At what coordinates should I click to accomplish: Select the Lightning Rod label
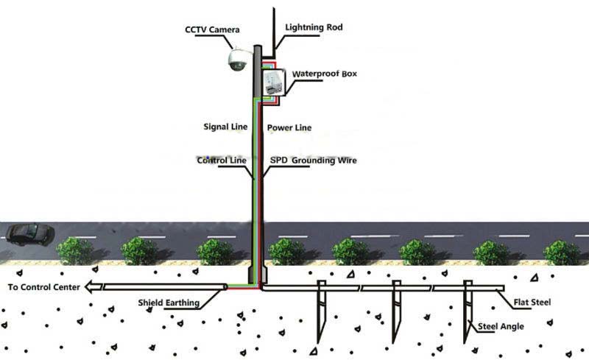click(314, 27)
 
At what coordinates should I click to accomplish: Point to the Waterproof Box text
click(325, 74)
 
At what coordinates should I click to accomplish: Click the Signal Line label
click(225, 127)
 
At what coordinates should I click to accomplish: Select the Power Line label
click(289, 127)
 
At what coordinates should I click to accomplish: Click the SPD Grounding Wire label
click(313, 160)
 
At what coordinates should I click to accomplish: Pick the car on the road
click(29, 234)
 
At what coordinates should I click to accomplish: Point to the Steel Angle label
click(501, 325)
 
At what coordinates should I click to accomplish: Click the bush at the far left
click(74, 251)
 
